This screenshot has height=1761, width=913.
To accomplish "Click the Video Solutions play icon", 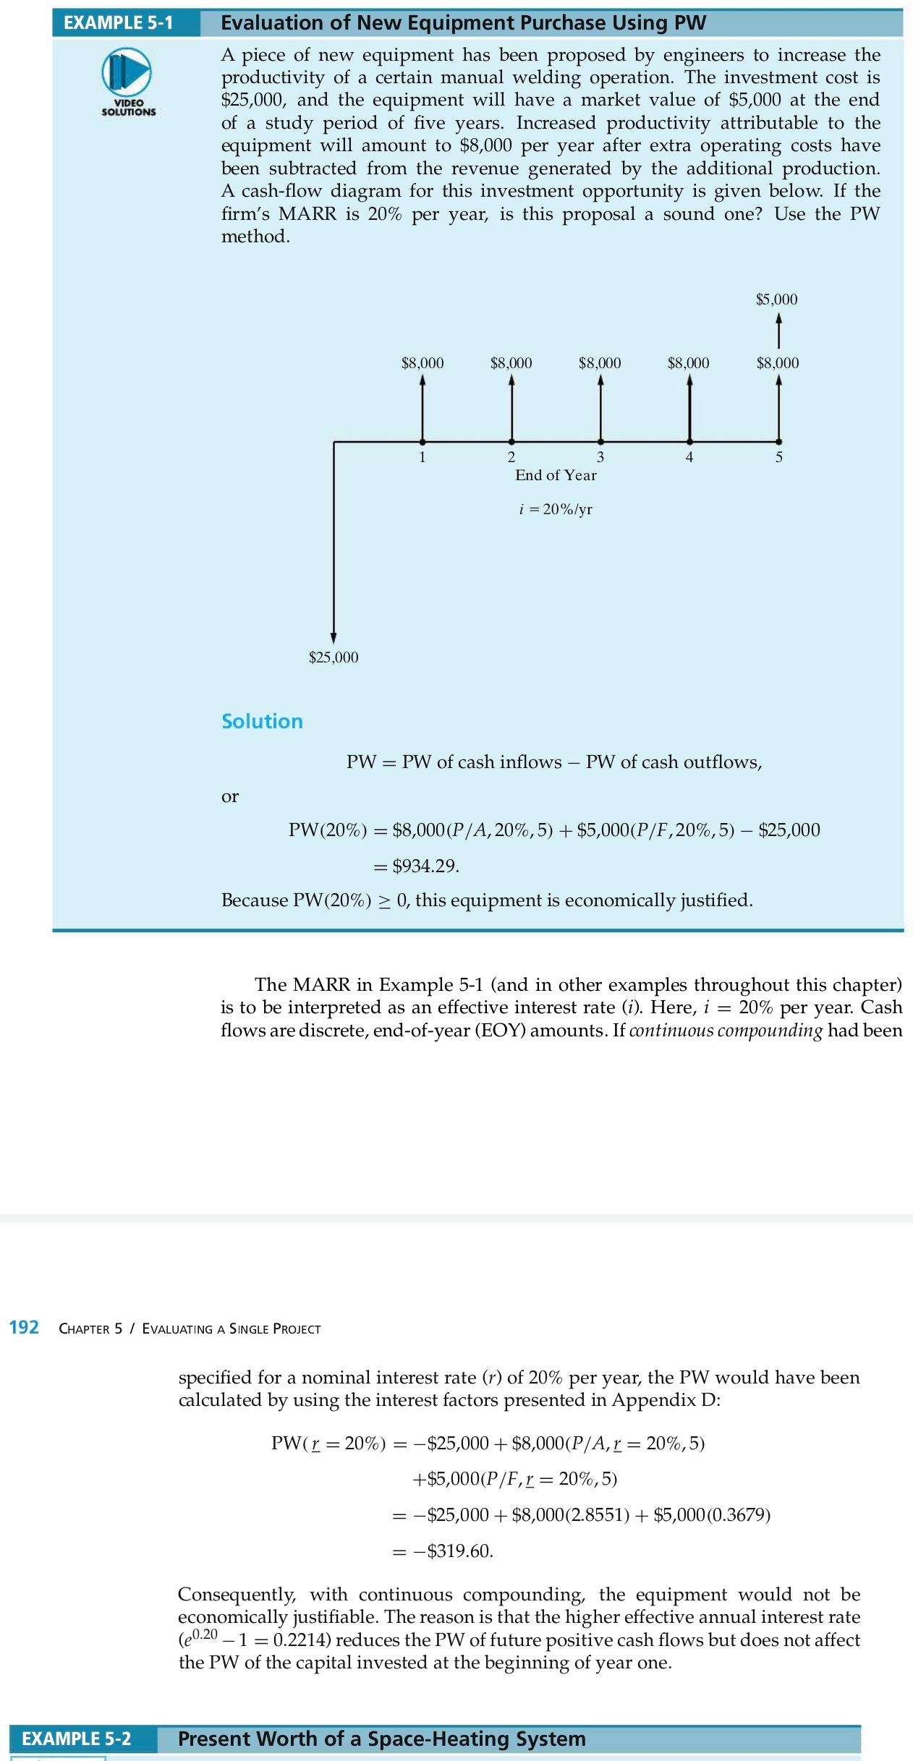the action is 127,72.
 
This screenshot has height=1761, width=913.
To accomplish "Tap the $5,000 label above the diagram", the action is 776,299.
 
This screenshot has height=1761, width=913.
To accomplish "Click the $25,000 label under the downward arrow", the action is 334,657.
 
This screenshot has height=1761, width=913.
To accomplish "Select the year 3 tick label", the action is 600,457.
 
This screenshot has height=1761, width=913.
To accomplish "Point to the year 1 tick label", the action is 422,457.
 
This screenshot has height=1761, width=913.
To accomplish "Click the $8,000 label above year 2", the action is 511,363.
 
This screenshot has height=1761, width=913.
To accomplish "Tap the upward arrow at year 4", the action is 689,409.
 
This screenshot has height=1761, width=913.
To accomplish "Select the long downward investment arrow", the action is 334,542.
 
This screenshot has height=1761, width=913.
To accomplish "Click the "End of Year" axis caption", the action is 556,475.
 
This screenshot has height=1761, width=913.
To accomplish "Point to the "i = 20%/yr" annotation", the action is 556,509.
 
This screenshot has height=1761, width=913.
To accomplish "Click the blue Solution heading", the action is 262,721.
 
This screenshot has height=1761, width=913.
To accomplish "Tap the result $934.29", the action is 425,866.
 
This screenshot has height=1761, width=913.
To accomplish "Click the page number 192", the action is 24,1327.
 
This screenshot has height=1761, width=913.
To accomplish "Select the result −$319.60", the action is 453,1551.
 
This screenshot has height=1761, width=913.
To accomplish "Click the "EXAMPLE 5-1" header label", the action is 119,23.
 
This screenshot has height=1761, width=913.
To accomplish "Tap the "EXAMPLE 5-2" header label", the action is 77,1739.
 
